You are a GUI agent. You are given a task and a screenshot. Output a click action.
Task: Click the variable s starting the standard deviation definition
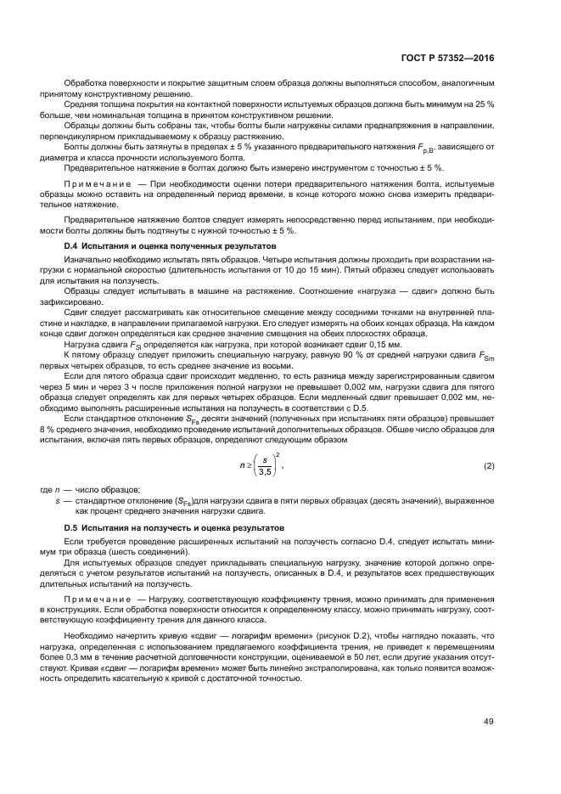pyautogui.click(x=57, y=502)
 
